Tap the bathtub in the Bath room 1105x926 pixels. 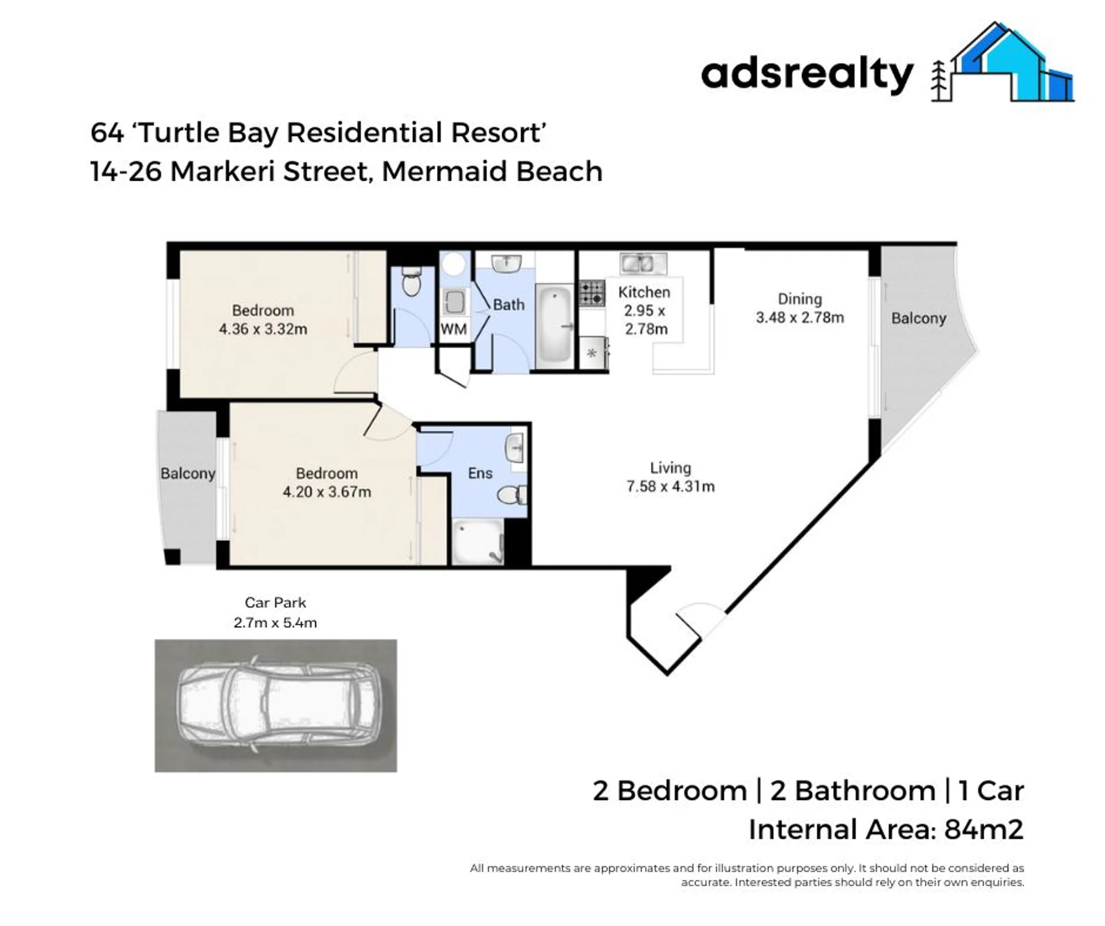pos(554,325)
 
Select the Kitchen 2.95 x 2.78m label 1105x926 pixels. pos(644,310)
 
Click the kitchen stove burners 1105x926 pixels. pos(591,292)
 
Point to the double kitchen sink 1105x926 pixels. pos(643,264)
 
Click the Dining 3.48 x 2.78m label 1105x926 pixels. pos(800,308)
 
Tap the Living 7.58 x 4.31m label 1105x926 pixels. pos(670,477)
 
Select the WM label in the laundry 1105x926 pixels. pos(453,329)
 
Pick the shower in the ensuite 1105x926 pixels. pos(478,542)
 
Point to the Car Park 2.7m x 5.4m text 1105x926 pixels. pos(275,612)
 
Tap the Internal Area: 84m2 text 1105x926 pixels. pos(886,830)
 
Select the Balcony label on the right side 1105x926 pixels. pos(918,318)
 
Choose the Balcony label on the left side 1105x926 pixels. pos(188,474)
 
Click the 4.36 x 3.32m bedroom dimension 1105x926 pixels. pos(263,329)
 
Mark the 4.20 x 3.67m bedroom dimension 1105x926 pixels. pos(326,492)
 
